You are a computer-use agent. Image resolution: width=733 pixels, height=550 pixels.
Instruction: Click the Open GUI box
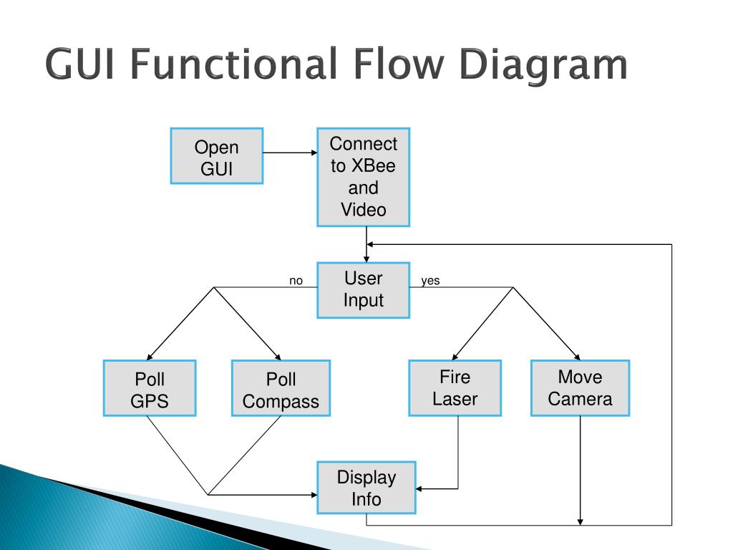(x=216, y=156)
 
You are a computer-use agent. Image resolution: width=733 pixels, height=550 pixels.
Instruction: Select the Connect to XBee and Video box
(x=363, y=178)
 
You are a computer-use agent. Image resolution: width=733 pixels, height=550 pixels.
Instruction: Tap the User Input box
(x=363, y=290)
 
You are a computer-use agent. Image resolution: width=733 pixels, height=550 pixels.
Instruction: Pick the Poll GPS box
(x=150, y=388)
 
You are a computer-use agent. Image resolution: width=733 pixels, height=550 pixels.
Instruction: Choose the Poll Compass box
(x=281, y=388)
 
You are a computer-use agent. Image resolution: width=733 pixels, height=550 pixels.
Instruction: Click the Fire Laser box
(x=455, y=388)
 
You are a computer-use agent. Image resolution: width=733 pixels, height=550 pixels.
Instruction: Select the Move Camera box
(x=580, y=388)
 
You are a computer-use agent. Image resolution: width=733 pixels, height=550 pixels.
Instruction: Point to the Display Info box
(x=366, y=488)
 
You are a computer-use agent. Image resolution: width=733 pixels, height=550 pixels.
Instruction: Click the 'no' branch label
(x=296, y=281)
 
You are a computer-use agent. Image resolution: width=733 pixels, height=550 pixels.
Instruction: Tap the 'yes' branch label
(x=430, y=281)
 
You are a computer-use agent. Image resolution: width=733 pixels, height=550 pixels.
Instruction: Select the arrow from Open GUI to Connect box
(x=290, y=153)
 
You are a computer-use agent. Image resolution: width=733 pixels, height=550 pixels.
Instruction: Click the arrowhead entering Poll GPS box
(x=149, y=357)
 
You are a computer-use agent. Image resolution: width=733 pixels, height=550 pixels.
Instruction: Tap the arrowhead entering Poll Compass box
(x=278, y=357)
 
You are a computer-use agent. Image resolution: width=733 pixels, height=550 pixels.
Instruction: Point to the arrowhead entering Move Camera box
(x=578, y=357)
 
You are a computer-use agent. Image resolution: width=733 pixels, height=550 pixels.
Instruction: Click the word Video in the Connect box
(x=363, y=210)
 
